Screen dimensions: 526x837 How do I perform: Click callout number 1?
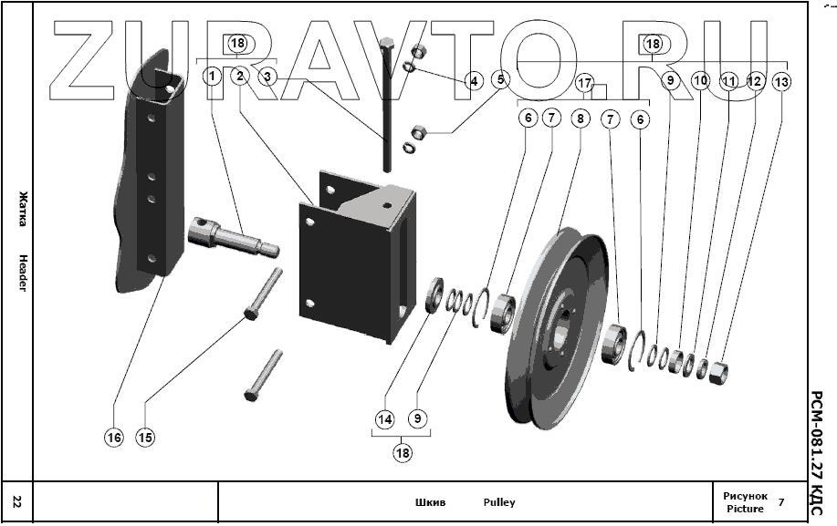click(x=212, y=77)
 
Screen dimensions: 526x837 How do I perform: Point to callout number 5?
click(x=499, y=79)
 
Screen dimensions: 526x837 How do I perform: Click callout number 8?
click(x=581, y=118)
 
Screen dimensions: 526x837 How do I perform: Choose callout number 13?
click(x=781, y=81)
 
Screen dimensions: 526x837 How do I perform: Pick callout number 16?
click(x=113, y=437)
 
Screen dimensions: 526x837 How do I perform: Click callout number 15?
click(x=145, y=437)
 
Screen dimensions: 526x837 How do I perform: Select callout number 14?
click(x=384, y=419)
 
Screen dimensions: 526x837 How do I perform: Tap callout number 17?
click(x=585, y=83)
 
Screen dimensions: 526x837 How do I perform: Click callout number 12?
click(x=754, y=81)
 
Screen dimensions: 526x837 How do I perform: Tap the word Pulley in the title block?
click(x=499, y=502)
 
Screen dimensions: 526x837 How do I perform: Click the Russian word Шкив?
click(x=430, y=502)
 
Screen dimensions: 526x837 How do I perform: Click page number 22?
click(x=17, y=501)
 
